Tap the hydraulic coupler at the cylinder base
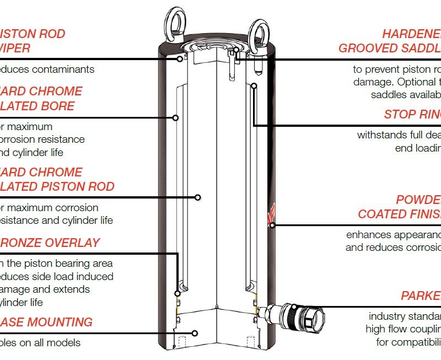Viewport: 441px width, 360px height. click(x=298, y=316)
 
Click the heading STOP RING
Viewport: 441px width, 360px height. click(x=412, y=115)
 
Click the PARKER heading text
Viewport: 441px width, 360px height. click(x=421, y=296)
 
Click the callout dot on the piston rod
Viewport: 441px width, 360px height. click(x=198, y=197)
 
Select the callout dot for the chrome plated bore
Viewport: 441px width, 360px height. click(x=175, y=117)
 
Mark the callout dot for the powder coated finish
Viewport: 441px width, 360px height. click(x=272, y=225)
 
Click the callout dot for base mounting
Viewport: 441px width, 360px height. click(x=195, y=333)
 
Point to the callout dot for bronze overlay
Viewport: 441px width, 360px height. click(x=178, y=293)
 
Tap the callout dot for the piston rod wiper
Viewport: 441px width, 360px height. click(x=180, y=58)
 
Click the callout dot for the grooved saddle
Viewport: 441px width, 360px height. click(x=235, y=51)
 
